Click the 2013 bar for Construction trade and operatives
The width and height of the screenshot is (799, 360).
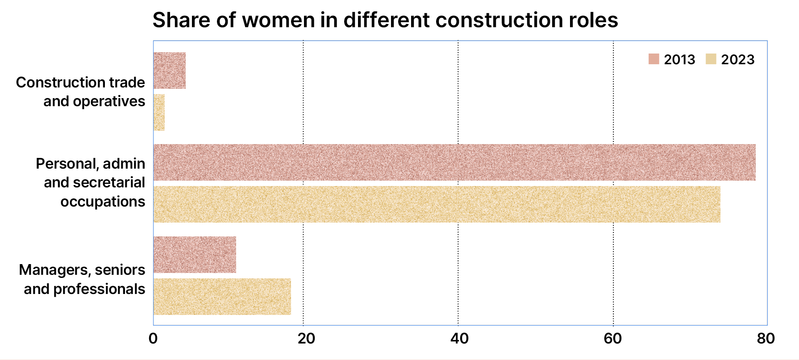170,70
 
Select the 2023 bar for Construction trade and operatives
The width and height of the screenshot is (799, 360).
159,112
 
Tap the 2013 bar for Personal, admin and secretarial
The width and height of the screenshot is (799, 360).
454,162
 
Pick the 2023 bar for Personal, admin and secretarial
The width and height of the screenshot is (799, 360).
437,204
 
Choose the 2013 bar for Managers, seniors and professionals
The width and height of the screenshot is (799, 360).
195,255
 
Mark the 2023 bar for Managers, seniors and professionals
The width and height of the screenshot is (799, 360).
222,297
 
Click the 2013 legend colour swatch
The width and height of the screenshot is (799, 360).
654,59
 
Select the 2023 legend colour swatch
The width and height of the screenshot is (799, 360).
711,59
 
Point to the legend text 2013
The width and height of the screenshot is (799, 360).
679,59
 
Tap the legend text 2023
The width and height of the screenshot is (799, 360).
737,59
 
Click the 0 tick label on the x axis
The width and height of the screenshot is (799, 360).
153,339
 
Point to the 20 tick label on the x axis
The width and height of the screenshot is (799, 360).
306,339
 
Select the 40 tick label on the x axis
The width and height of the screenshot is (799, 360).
459,339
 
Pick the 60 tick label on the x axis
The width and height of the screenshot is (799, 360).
613,339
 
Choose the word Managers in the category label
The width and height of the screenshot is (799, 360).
48,270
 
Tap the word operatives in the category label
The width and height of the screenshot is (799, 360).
109,102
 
